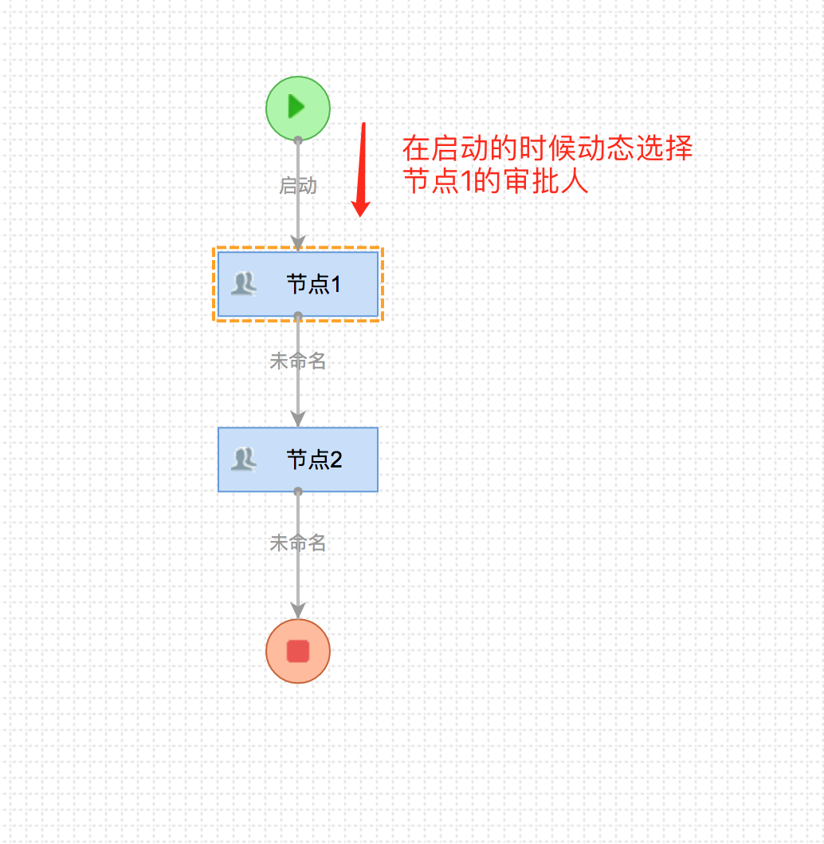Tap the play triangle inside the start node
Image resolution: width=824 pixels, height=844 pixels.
(x=296, y=106)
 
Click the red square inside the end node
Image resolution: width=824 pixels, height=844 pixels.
(x=297, y=651)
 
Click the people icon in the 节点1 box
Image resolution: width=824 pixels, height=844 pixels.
(x=243, y=283)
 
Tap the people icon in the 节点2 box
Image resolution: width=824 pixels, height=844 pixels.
(x=243, y=459)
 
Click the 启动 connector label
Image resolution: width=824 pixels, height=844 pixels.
(x=298, y=186)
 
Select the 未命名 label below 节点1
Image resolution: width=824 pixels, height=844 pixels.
(x=298, y=361)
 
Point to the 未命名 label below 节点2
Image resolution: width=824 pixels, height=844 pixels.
(x=298, y=543)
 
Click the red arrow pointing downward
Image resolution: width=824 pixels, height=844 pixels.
(x=363, y=169)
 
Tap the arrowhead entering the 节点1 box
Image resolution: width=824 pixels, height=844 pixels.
(x=298, y=243)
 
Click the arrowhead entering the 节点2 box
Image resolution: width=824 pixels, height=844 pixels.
(x=298, y=419)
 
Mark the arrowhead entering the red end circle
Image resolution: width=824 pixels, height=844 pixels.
(x=298, y=610)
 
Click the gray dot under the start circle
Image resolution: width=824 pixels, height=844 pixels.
(x=298, y=140)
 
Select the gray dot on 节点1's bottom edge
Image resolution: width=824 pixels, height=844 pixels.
(x=298, y=316)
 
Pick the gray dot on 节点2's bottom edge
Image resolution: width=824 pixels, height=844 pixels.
(x=298, y=491)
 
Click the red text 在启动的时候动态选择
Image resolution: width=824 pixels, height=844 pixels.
(x=547, y=148)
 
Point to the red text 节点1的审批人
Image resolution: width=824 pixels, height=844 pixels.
(x=495, y=181)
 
